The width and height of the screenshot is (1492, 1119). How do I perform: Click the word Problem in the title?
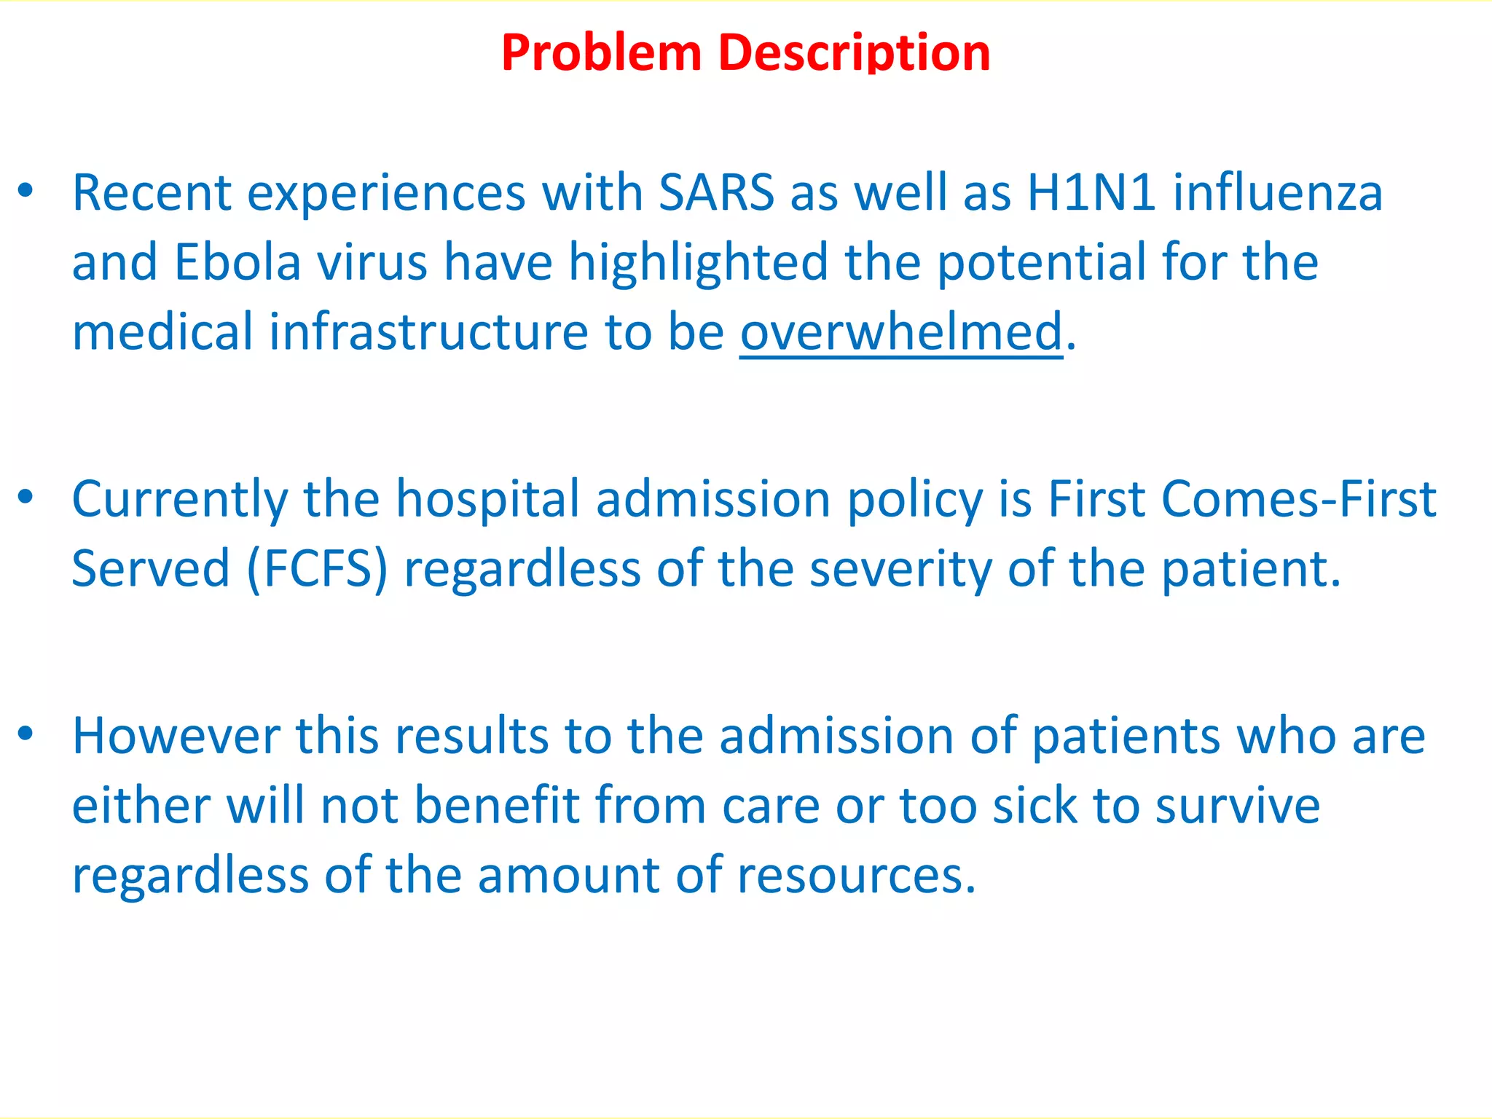601,53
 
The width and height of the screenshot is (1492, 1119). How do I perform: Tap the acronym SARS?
716,193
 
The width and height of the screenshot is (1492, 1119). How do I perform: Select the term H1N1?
1091,193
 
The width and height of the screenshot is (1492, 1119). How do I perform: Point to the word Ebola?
237,262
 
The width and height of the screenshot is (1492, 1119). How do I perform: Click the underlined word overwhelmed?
901,332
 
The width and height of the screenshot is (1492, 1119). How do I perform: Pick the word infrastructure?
428,332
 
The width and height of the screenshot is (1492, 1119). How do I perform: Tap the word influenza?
1277,193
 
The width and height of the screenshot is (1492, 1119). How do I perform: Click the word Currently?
180,501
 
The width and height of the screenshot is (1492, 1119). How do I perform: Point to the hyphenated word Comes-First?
1299,500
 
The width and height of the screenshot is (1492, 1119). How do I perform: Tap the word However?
176,736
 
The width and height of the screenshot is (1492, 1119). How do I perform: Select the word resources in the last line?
856,875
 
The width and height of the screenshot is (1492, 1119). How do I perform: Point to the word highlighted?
698,262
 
